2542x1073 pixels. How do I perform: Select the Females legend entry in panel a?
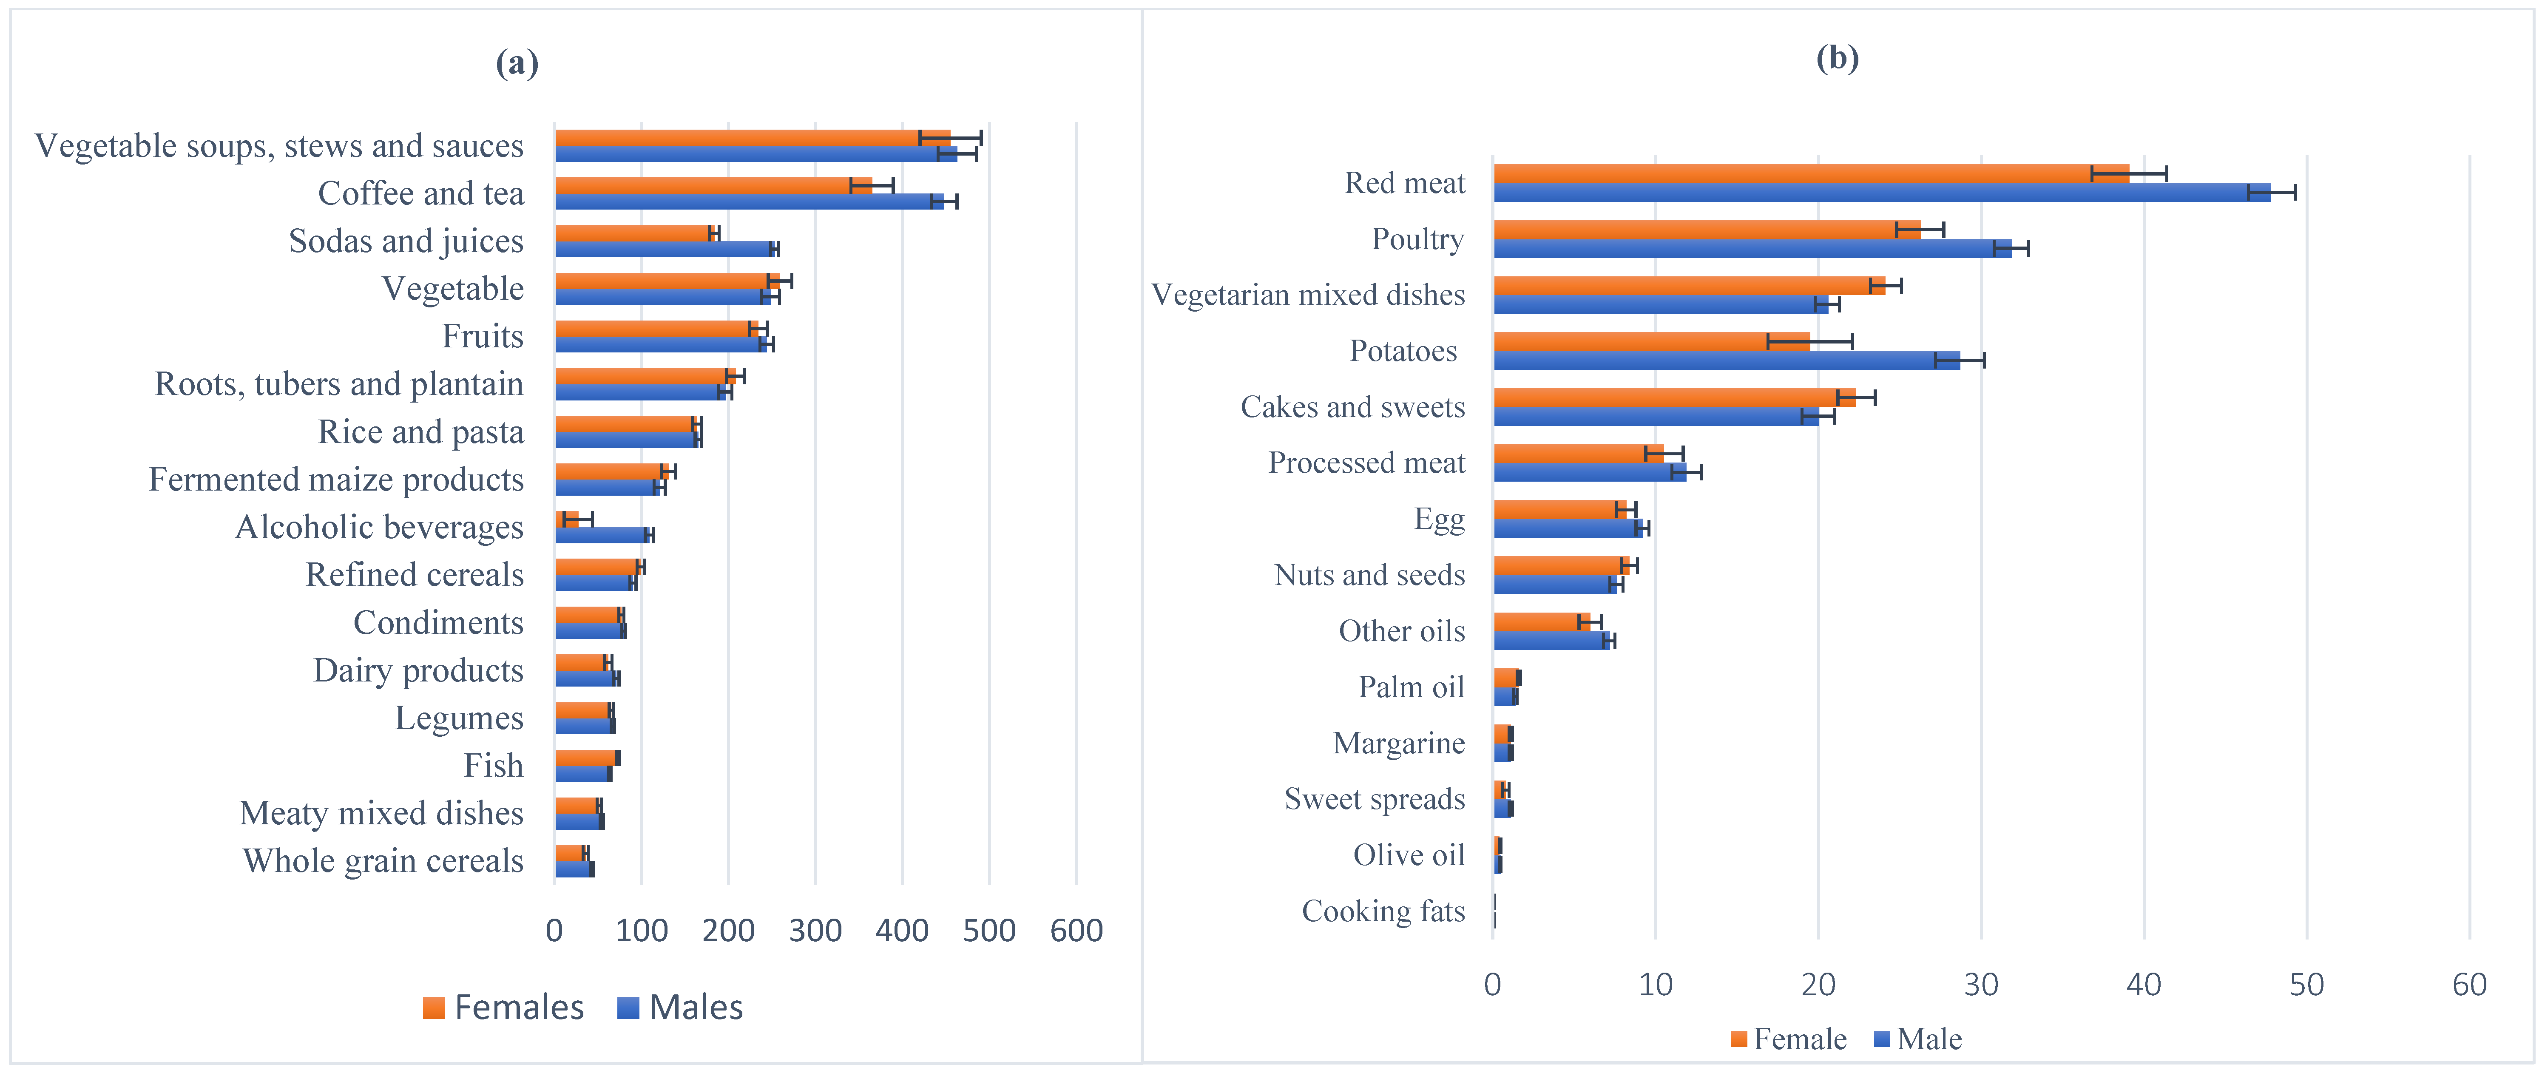(x=503, y=1007)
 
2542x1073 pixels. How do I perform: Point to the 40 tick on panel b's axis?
(x=2143, y=984)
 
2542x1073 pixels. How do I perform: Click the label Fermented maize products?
(x=336, y=480)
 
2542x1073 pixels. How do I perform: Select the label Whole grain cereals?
(x=383, y=861)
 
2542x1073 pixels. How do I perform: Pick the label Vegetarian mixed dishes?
(x=1307, y=295)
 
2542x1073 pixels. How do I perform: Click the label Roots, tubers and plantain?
(x=338, y=384)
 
